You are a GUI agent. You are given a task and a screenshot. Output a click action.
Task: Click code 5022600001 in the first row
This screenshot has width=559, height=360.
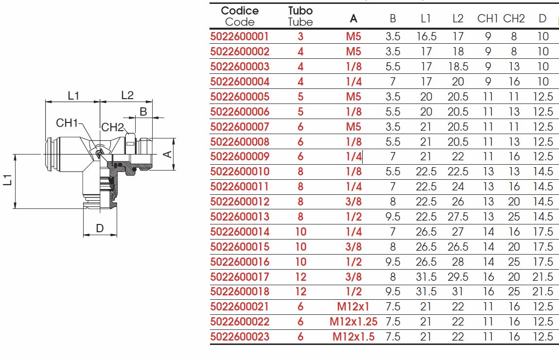240,36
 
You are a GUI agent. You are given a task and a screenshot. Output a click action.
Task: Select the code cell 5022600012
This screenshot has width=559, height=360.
240,202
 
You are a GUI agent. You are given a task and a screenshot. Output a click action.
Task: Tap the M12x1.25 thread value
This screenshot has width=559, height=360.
353,322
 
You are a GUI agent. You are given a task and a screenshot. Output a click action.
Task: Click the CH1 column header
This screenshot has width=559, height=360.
488,18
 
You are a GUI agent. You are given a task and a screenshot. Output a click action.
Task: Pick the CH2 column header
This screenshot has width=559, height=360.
514,18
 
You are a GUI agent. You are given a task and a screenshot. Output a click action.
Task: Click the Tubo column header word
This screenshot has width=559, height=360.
300,11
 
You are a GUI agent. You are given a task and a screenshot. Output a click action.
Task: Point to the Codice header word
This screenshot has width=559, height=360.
240,11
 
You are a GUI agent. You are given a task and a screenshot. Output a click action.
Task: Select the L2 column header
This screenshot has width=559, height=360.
458,18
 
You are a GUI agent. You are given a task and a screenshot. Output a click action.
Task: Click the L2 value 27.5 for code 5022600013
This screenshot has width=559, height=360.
458,217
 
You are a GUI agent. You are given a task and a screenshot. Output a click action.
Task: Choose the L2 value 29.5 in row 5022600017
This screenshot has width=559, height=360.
458,277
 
